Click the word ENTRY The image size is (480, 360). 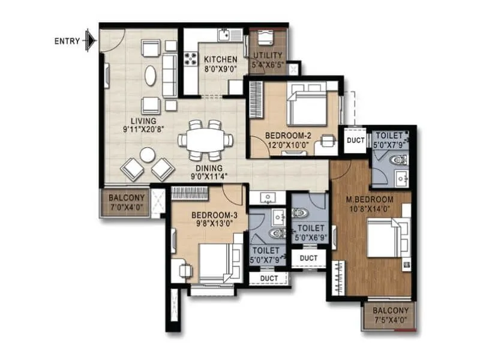pyautogui.click(x=67, y=41)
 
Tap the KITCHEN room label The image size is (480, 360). pyautogui.click(x=220, y=59)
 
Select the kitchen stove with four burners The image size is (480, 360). pyautogui.click(x=191, y=59)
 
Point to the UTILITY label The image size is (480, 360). pyautogui.click(x=268, y=55)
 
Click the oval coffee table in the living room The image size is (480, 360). pyautogui.click(x=151, y=75)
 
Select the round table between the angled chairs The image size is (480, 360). pyautogui.click(x=147, y=155)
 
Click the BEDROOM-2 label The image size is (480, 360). pyautogui.click(x=287, y=136)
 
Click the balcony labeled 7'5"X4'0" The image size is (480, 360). pyautogui.click(x=391, y=315)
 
